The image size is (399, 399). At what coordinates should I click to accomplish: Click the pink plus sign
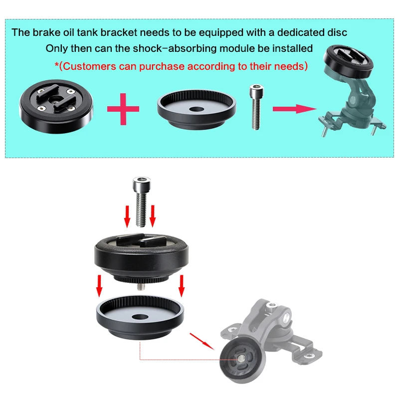pyautogui.click(x=123, y=109)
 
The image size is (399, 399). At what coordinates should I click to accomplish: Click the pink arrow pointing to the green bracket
pyautogui.click(x=295, y=109)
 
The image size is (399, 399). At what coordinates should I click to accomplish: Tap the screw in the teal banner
pyautogui.click(x=256, y=107)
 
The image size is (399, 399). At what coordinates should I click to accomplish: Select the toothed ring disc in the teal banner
pyautogui.click(x=197, y=109)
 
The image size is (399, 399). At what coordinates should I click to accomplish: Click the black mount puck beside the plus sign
pyautogui.click(x=56, y=106)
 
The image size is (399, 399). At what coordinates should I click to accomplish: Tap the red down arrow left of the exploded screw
pyautogui.click(x=127, y=216)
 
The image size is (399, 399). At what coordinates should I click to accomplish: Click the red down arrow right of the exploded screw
pyautogui.click(x=153, y=216)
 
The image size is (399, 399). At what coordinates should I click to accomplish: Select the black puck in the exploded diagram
pyautogui.click(x=142, y=257)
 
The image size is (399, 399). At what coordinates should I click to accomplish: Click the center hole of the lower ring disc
pyautogui.click(x=140, y=317)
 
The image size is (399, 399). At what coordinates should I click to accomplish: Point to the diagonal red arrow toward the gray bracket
pyautogui.click(x=202, y=342)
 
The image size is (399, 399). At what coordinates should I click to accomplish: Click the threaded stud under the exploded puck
pyautogui.click(x=140, y=286)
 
